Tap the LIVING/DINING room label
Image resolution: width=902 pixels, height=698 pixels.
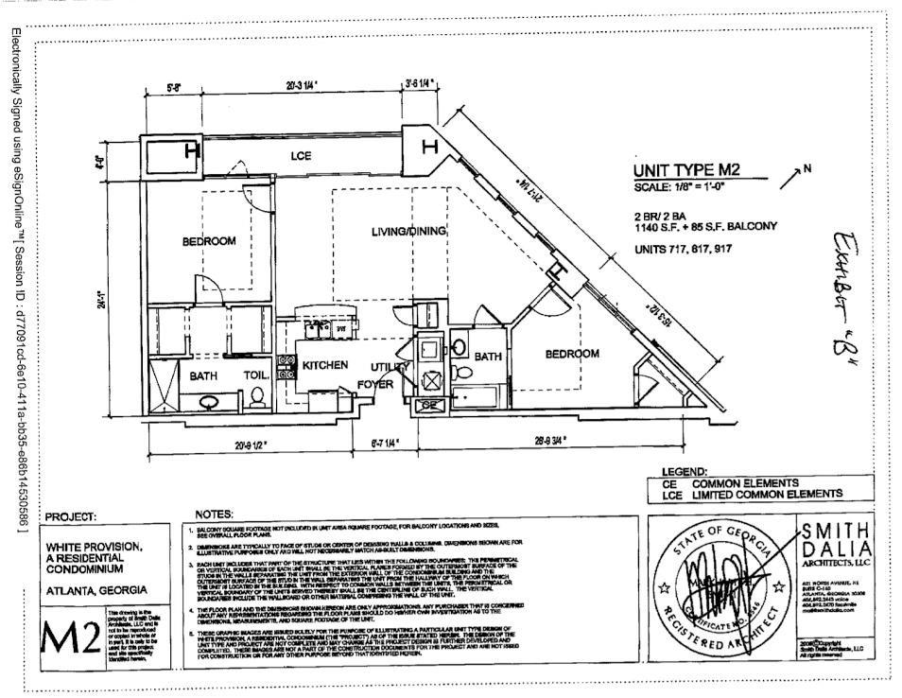(x=408, y=231)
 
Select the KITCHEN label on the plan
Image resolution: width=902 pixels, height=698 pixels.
(x=325, y=364)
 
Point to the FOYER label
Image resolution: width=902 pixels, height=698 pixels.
(x=375, y=384)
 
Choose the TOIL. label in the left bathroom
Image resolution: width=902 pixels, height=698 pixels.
(x=257, y=375)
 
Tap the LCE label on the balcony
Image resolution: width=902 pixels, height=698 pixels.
(x=302, y=155)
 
